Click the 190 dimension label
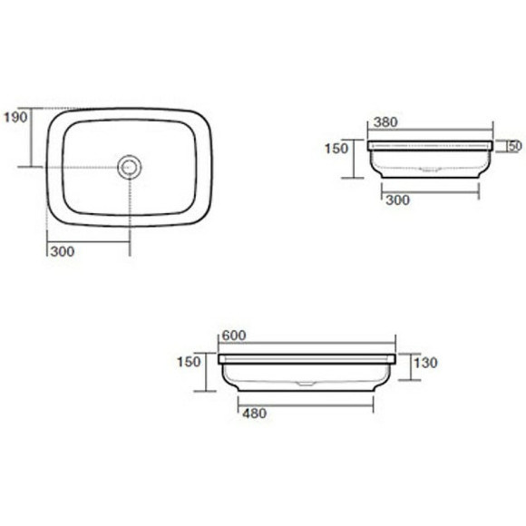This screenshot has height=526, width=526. pos(15,117)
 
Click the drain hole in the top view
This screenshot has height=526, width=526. pos(130,167)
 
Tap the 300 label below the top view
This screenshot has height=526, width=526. pos(63,251)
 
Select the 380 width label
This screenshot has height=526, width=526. pos(385,122)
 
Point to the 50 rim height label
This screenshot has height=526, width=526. pos(515,146)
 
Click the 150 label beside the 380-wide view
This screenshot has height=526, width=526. pos(336,149)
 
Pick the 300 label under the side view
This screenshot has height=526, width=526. pos(398,200)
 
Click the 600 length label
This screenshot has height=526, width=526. pos(234,336)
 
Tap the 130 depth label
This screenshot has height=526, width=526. pos(425,363)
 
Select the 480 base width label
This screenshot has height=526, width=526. pos(255,414)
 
